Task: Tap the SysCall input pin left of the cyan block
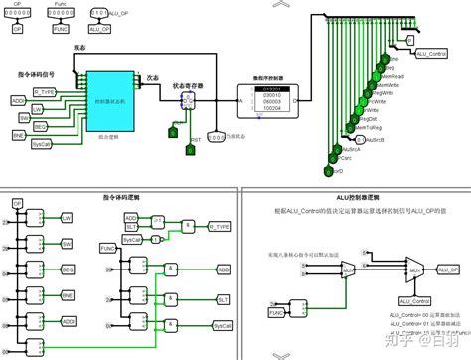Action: click(x=41, y=144)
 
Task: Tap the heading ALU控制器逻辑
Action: click(x=352, y=198)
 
